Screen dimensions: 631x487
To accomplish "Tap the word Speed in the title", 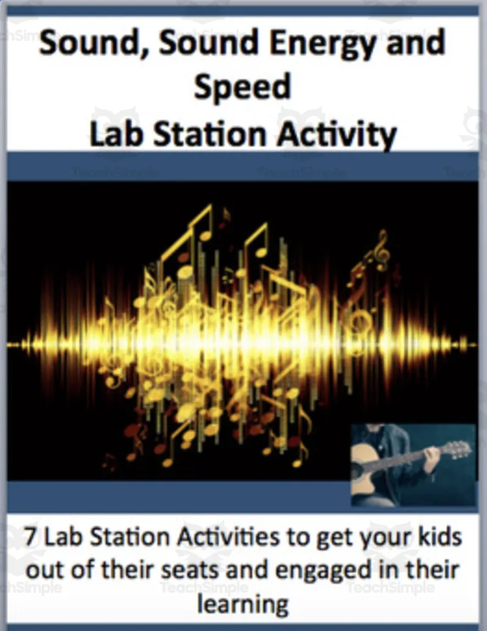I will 242,88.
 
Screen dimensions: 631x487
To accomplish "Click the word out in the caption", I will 47,570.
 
